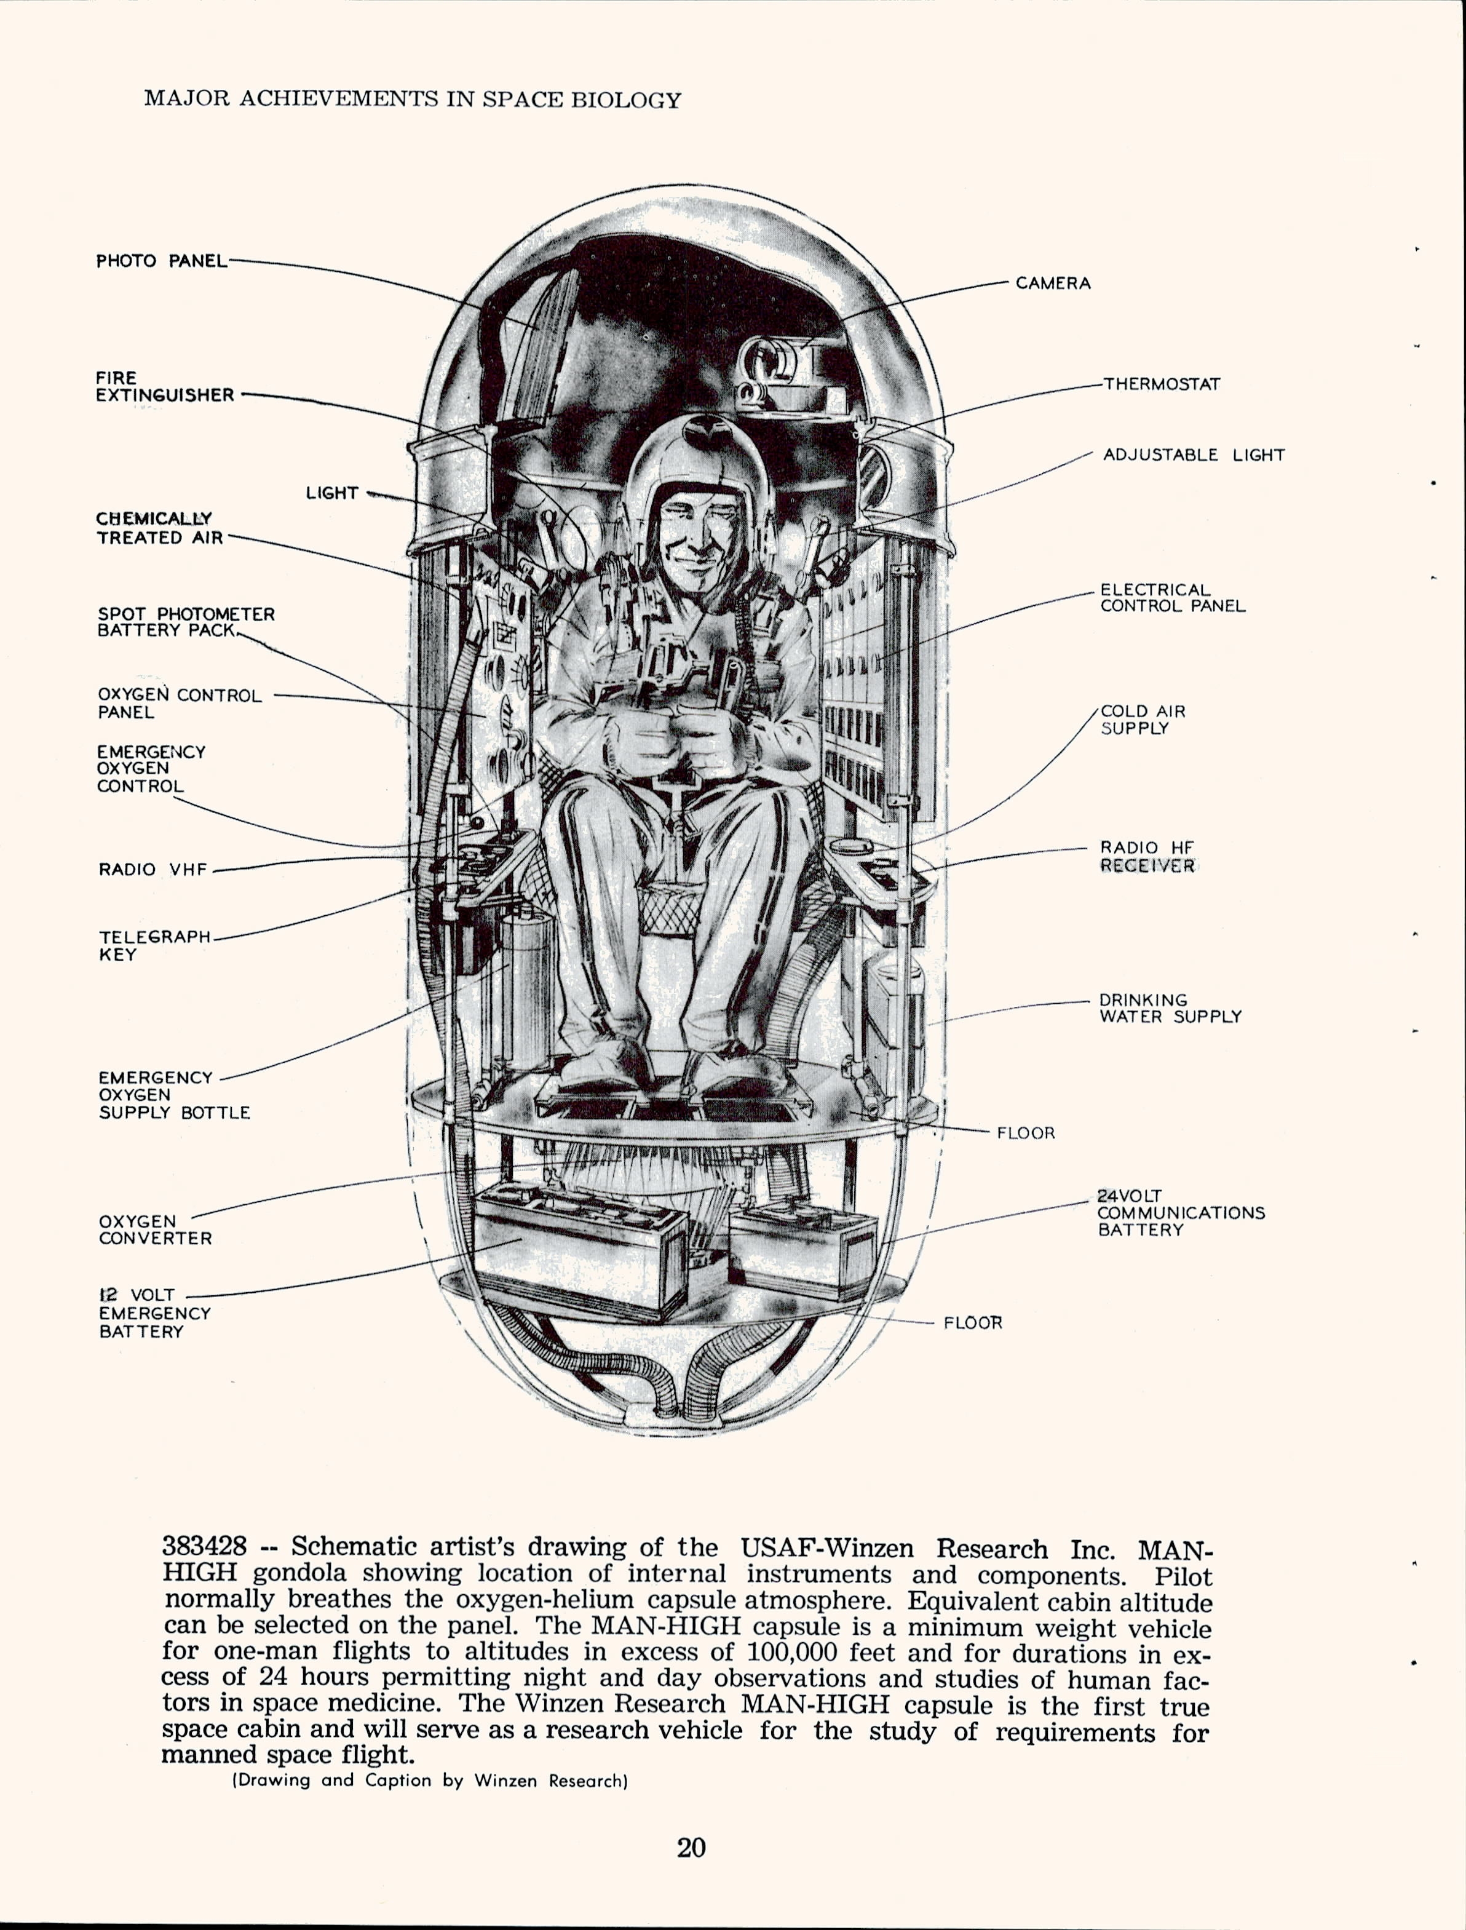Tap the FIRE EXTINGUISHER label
click(165, 386)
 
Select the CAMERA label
click(1052, 284)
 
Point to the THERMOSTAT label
click(1162, 384)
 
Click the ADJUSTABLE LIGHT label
click(1193, 455)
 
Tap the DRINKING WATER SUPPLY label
click(1170, 1008)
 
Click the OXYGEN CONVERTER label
click(154, 1229)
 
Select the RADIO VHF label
click(153, 869)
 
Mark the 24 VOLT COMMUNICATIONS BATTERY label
click(1180, 1213)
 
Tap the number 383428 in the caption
click(204, 1546)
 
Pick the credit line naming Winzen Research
click(429, 1781)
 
